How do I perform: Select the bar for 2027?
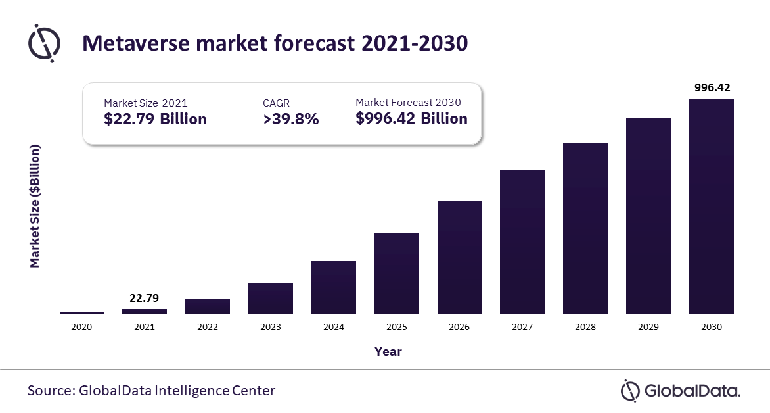click(522, 242)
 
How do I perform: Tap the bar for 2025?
click(397, 273)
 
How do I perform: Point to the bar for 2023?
click(271, 299)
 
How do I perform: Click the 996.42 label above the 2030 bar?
click(711, 87)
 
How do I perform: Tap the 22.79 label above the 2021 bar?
click(145, 298)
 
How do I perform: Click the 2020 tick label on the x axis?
click(81, 327)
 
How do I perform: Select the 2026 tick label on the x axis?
click(459, 327)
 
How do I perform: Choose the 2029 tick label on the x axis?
click(648, 327)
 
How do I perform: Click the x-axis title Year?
click(388, 352)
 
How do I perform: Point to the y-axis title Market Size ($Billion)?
click(35, 206)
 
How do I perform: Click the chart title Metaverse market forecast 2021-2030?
click(275, 43)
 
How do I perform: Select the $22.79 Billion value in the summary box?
click(155, 119)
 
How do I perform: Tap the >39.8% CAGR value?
click(290, 119)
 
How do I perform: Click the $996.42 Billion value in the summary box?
click(411, 118)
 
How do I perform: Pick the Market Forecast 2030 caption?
click(408, 102)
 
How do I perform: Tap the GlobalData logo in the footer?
click(681, 391)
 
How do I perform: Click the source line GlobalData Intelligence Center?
click(151, 391)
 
